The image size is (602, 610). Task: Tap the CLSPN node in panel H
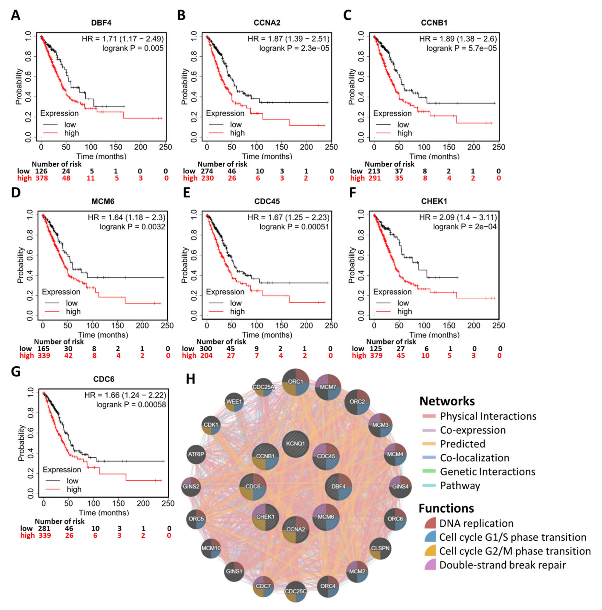[x=380, y=548]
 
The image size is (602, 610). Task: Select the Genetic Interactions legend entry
[x=487, y=472]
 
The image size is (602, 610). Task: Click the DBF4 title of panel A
[x=101, y=23]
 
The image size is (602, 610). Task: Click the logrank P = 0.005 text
[x=133, y=48]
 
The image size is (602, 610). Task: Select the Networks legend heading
[x=447, y=401]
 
